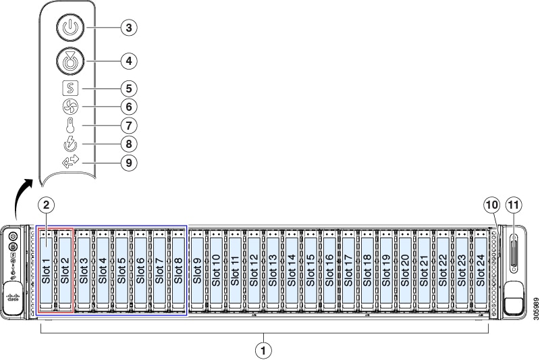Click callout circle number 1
[264, 350]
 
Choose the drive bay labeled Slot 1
[46, 270]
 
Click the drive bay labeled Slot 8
[178, 270]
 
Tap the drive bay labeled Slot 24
[481, 270]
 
